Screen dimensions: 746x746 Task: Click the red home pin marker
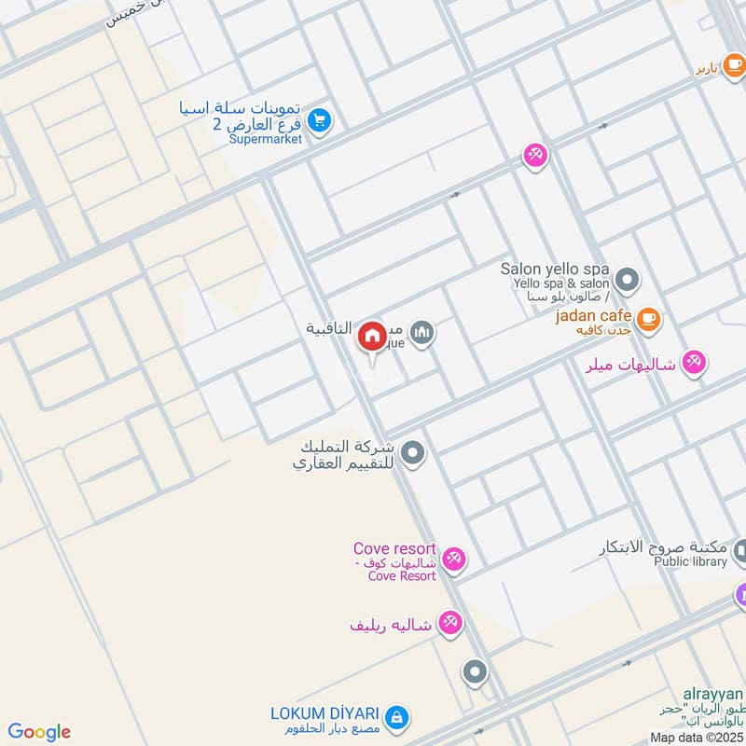(372, 336)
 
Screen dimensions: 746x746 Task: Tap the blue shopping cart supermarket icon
(320, 120)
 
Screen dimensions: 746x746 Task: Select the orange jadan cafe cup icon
(649, 320)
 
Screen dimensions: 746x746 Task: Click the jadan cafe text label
(593, 316)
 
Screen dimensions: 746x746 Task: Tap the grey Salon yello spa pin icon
(628, 279)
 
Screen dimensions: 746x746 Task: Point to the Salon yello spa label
(554, 269)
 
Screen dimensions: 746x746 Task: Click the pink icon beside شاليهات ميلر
(693, 363)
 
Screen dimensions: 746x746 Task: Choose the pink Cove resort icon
(453, 559)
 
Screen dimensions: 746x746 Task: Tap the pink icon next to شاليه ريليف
(449, 623)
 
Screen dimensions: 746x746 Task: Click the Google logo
(39, 732)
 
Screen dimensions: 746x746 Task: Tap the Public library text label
(690, 562)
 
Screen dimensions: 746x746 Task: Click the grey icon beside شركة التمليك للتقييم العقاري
(413, 455)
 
